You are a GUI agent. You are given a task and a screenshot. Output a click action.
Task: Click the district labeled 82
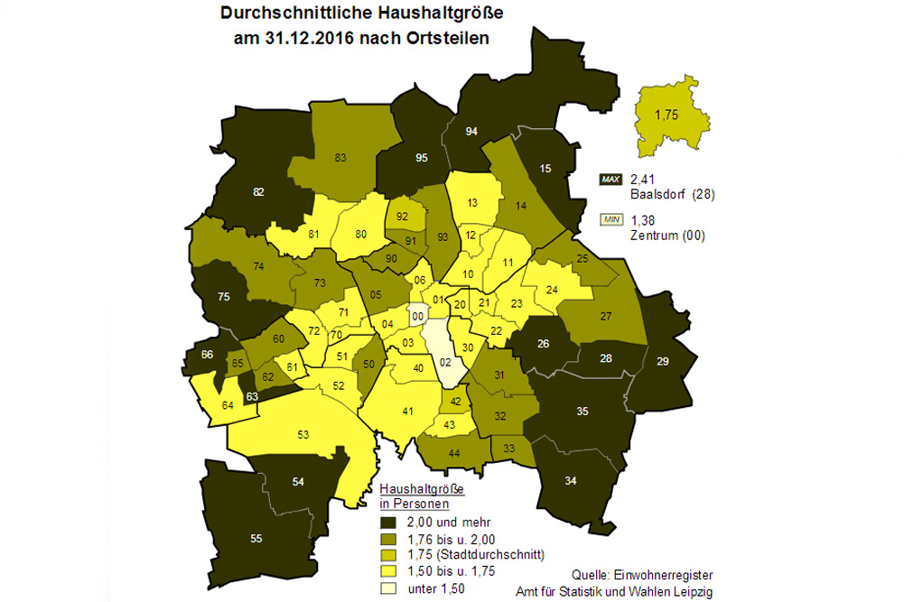click(x=258, y=192)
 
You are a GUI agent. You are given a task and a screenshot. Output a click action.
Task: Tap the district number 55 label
click(x=256, y=539)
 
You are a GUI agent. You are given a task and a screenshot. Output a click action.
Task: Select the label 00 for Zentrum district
click(x=417, y=317)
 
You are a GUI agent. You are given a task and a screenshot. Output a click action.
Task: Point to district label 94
click(x=471, y=132)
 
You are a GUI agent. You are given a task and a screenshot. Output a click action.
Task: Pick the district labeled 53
click(x=304, y=435)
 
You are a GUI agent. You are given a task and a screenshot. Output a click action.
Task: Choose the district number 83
click(x=340, y=159)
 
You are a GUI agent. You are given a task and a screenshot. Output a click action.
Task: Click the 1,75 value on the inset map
click(x=666, y=115)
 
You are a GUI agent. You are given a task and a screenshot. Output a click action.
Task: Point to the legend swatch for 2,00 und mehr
click(x=389, y=523)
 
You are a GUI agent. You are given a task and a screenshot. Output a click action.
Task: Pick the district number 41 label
click(x=407, y=412)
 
